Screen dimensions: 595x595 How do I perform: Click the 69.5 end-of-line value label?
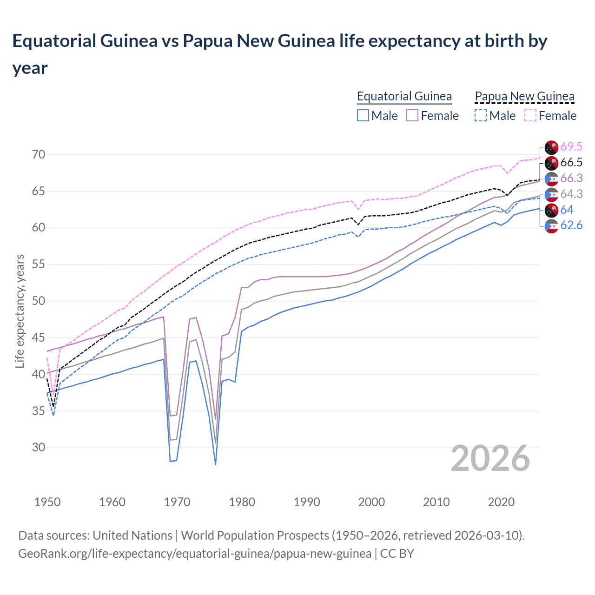(x=571, y=147)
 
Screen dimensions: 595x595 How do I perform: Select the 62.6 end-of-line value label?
(x=571, y=226)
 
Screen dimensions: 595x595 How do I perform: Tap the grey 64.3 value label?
(x=571, y=194)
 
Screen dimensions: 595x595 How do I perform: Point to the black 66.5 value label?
(x=571, y=163)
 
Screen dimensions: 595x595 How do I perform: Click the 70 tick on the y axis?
(x=39, y=154)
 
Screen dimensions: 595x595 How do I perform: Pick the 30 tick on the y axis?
(x=39, y=448)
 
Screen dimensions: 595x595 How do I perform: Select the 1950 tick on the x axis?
(x=47, y=502)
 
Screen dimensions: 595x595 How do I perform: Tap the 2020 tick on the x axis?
(x=501, y=502)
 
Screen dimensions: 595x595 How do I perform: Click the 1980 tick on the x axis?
(x=242, y=502)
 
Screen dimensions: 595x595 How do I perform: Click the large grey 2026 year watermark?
(x=490, y=459)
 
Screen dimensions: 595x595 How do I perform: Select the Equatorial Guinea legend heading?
(x=404, y=96)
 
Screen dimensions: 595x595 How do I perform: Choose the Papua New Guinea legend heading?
(x=524, y=96)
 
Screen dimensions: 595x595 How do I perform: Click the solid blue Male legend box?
(x=363, y=115)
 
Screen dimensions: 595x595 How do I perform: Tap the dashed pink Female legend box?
(x=530, y=115)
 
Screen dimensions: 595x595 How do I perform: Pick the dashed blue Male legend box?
(x=481, y=115)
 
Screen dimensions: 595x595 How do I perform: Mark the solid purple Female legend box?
(x=412, y=115)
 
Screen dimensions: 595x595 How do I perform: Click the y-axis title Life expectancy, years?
(x=20, y=311)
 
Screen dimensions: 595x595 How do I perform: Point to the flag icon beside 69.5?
(x=551, y=147)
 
